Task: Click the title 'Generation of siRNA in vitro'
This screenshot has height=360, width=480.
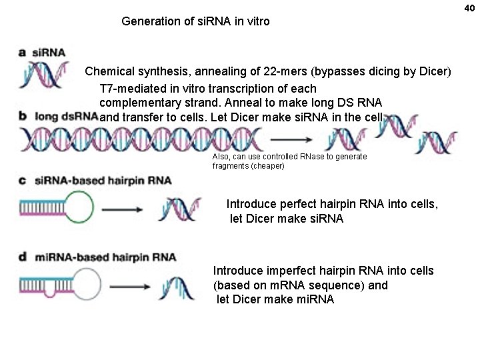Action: coord(195,21)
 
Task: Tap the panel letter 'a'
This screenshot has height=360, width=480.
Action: coord(23,52)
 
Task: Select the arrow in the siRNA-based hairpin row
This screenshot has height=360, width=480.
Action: coord(122,209)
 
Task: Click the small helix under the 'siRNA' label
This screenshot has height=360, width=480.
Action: coord(45,75)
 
